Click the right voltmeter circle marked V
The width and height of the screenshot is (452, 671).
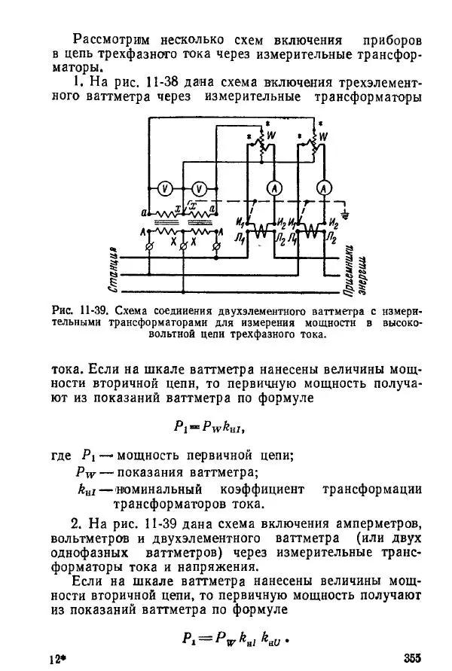199,188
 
